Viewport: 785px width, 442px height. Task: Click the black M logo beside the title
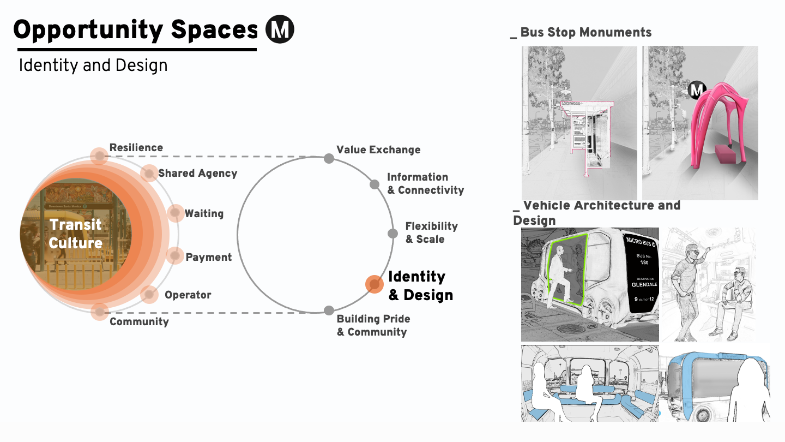(280, 29)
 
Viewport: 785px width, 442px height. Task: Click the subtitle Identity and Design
(93, 65)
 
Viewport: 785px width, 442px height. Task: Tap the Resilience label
(136, 148)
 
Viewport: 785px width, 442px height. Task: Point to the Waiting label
(204, 213)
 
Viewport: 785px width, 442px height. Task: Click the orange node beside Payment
(174, 255)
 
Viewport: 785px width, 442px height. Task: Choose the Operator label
(188, 295)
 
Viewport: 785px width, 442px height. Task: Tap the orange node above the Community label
(99, 311)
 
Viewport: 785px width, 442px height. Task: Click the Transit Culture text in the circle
(75, 234)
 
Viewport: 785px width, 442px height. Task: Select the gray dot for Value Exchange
(329, 158)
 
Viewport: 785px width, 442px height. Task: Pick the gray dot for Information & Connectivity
(375, 184)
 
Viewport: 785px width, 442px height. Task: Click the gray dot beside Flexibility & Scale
(392, 234)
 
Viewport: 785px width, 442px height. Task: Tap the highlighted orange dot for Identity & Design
(374, 284)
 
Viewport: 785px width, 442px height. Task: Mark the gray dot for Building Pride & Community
(329, 310)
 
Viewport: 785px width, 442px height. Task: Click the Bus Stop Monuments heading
(585, 33)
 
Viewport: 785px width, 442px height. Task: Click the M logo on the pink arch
(696, 89)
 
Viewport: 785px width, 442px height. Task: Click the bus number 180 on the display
(644, 262)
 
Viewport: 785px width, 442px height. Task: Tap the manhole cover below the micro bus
(570, 328)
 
